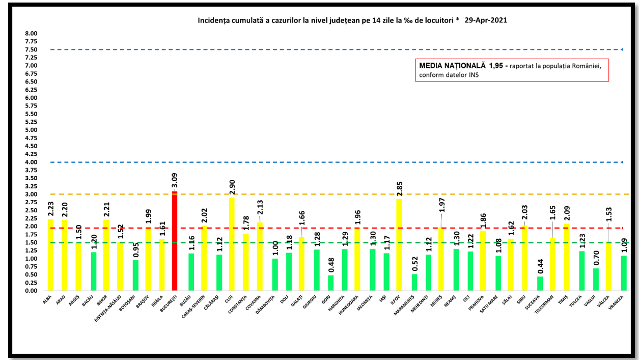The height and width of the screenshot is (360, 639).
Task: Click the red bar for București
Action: pos(175,241)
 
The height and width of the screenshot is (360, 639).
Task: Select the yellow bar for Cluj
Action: pos(232,244)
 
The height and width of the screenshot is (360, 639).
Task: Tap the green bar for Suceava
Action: pos(540,284)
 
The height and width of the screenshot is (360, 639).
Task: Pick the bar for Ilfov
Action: pos(399,245)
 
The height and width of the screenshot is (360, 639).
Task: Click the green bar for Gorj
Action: pos(331,283)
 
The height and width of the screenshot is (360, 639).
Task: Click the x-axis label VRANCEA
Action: pos(619,303)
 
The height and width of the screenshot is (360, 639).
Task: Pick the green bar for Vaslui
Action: pos(596,280)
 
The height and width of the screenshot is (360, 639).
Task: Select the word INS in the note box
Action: pos(474,75)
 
